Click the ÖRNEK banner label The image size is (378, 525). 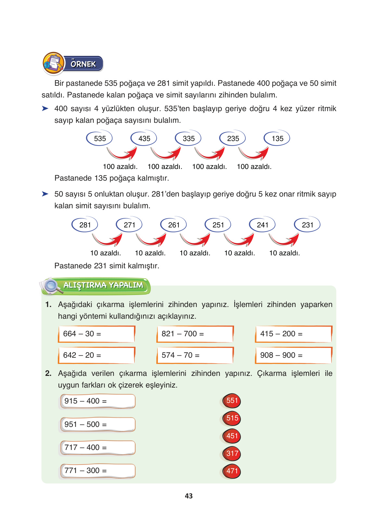pyautogui.click(x=83, y=64)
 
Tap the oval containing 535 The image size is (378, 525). pyautogui.click(x=99, y=138)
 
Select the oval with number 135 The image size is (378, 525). pyautogui.click(x=277, y=138)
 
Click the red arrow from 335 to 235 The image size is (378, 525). pyautogui.click(x=210, y=153)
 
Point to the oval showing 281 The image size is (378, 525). pyautogui.click(x=85, y=225)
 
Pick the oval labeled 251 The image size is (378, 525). pyautogui.click(x=218, y=225)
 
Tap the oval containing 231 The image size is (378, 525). pyautogui.click(x=307, y=225)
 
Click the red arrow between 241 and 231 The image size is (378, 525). pyautogui.click(x=284, y=240)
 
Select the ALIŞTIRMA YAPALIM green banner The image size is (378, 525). pyautogui.click(x=103, y=286)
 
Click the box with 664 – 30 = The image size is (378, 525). pyautogui.click(x=97, y=334)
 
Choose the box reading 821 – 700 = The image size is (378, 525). pyautogui.click(x=195, y=334)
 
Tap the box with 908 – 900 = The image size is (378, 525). pyautogui.click(x=293, y=355)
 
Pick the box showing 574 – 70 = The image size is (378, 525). pyautogui.click(x=195, y=355)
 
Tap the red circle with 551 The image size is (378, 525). pyautogui.click(x=232, y=401)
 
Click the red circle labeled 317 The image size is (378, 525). pyautogui.click(x=232, y=454)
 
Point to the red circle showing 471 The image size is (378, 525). pyautogui.click(x=232, y=471)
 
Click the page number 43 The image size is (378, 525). pyautogui.click(x=189, y=496)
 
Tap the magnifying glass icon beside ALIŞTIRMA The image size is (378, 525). pyautogui.click(x=51, y=286)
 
